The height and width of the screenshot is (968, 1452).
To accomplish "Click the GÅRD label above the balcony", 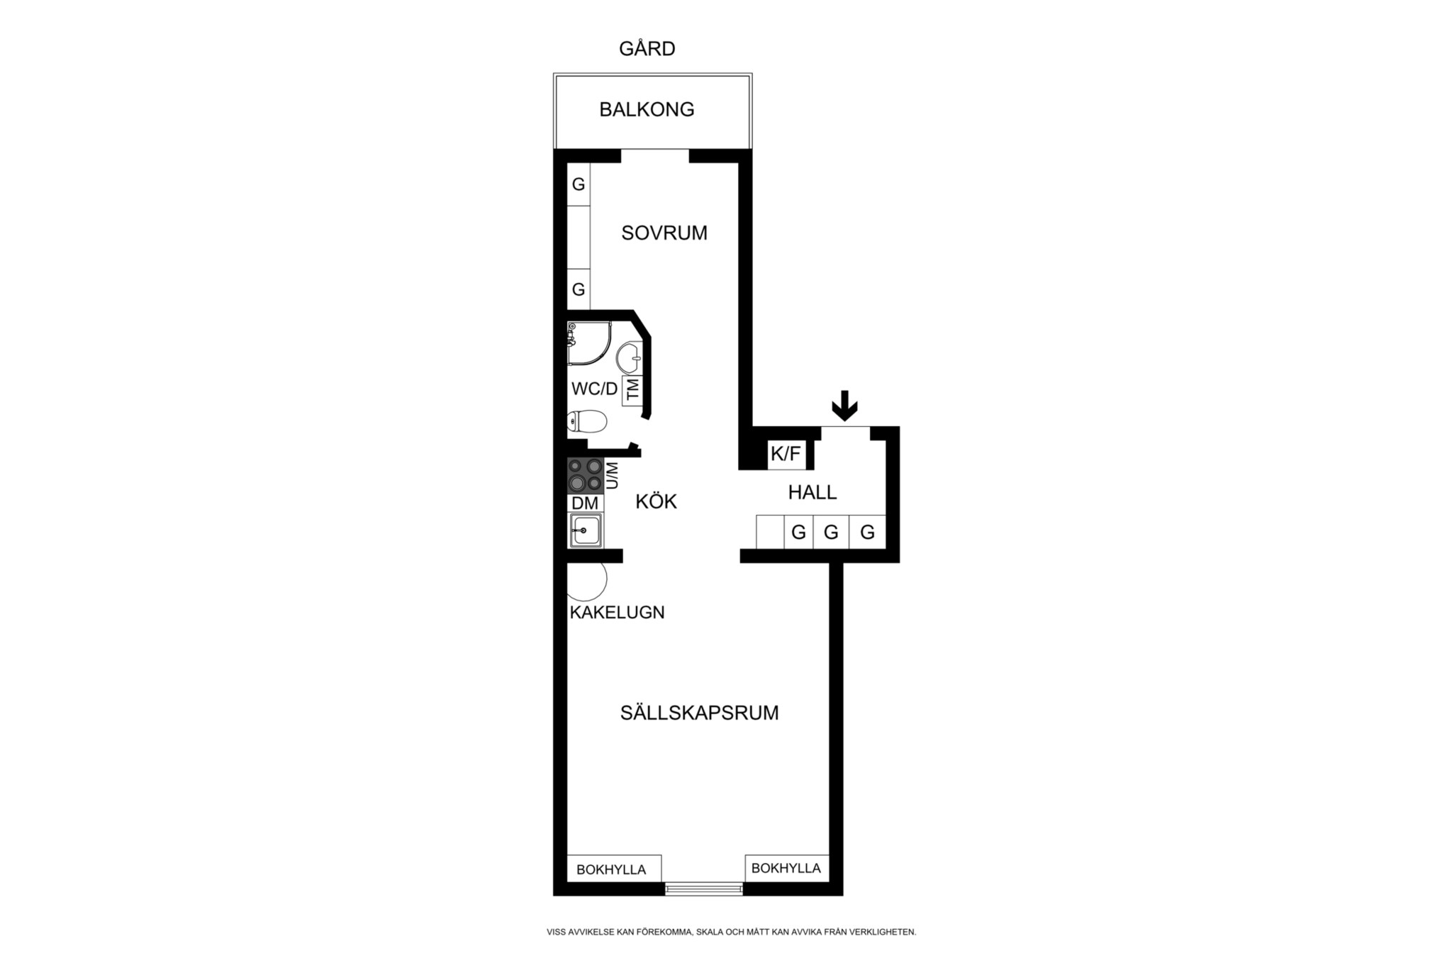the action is click(647, 48).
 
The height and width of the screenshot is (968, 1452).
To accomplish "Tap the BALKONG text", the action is click(647, 109).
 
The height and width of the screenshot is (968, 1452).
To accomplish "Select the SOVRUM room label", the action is click(664, 233).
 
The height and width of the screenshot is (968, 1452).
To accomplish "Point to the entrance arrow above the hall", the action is click(844, 406).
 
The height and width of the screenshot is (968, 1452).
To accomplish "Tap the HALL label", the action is click(812, 492).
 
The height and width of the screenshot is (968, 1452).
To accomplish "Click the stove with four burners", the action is click(586, 476).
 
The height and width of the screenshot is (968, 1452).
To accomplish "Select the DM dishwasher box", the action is click(586, 503).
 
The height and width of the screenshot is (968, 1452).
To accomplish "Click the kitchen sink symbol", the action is click(586, 530).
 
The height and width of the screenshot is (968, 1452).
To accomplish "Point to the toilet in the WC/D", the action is click(587, 421).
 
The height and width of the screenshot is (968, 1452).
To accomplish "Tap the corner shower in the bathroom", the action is click(588, 343).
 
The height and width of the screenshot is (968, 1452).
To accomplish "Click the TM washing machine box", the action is click(632, 389).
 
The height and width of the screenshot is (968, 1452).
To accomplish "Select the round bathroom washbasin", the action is click(629, 357).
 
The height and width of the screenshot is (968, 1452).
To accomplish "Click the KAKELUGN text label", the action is click(618, 612).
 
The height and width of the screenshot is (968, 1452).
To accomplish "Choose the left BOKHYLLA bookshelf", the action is click(614, 869).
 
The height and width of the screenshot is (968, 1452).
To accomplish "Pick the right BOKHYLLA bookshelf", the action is click(787, 868).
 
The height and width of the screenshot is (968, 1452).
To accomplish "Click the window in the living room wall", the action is click(703, 889).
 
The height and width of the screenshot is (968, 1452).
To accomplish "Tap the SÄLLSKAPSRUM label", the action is click(700, 713).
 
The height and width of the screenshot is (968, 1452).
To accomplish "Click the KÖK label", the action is click(656, 501).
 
